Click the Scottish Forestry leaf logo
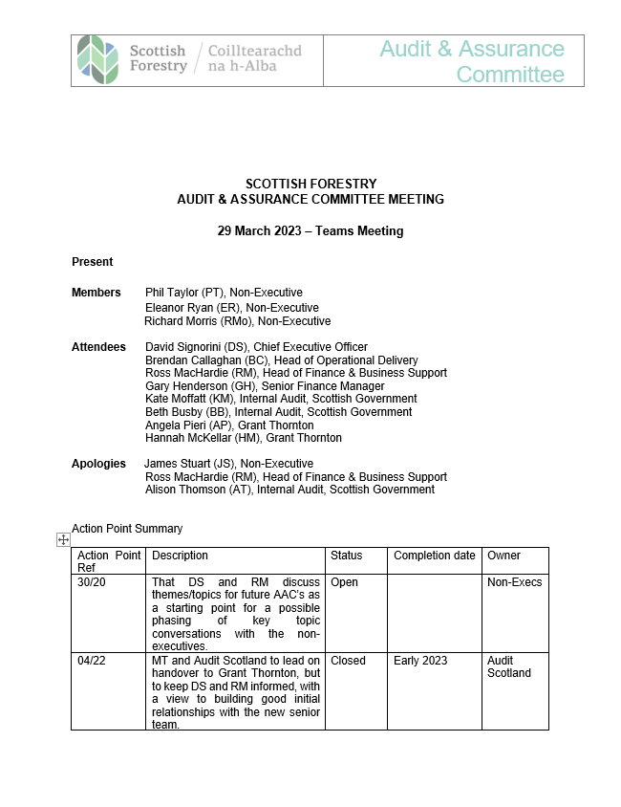tap(98, 58)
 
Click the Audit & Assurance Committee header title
tap(472, 61)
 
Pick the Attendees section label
tap(98, 347)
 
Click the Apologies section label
tap(98, 464)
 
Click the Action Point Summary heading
tap(127, 529)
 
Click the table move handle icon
tap(64, 540)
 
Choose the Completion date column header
tap(435, 556)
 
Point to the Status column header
tap(347, 556)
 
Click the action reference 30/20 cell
tap(92, 582)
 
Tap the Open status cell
tap(345, 582)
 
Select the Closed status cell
tap(348, 661)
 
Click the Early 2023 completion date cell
tap(420, 661)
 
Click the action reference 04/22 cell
tap(92, 661)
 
